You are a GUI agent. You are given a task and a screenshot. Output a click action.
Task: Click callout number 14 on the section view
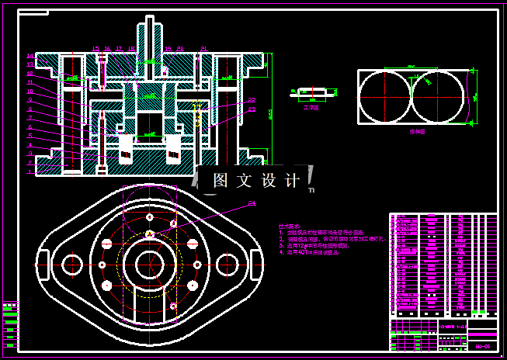[30, 56]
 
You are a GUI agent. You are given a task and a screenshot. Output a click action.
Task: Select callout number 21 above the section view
[203, 48]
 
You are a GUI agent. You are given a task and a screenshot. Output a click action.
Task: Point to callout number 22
[252, 100]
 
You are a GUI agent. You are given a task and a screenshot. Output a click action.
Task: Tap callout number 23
[252, 109]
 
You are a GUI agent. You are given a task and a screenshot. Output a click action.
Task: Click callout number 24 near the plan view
[252, 204]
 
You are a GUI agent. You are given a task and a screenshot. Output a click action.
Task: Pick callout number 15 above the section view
[95, 48]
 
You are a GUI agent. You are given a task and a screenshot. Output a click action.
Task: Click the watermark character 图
[221, 181]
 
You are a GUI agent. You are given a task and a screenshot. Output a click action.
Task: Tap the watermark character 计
[293, 181]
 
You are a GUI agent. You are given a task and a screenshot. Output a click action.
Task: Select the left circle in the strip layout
[384, 97]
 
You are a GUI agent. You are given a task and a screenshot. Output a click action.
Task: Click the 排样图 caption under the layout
[417, 133]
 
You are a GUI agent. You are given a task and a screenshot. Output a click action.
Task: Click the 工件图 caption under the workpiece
[311, 108]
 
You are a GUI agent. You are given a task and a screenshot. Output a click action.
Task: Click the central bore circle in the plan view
[149, 265]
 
